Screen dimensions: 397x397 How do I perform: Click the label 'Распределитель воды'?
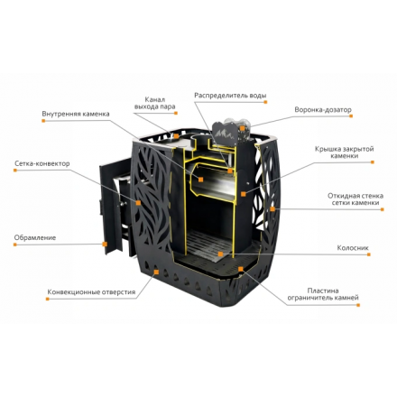point(230,96)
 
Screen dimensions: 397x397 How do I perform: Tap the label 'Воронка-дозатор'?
point(323,110)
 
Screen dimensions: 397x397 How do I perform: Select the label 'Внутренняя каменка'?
point(76,114)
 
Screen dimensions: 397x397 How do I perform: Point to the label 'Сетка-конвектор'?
point(42,163)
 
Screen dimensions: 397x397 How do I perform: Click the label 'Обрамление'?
point(35,237)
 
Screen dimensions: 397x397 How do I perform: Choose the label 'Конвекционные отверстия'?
point(91,292)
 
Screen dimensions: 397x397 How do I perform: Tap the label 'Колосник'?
point(353,248)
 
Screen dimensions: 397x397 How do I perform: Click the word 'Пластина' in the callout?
point(323,291)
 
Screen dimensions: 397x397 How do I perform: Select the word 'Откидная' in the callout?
point(342,196)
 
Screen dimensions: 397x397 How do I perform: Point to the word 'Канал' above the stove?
point(155,99)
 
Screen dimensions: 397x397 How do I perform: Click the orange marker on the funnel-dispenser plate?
point(242,128)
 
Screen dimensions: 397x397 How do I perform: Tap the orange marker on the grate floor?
point(220,254)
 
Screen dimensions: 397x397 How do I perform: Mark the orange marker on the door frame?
point(105,244)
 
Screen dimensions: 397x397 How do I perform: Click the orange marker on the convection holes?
point(156,272)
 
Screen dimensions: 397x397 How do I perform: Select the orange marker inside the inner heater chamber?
point(201,180)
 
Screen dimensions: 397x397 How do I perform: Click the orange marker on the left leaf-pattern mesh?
point(138,203)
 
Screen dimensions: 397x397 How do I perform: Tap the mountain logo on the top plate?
point(224,134)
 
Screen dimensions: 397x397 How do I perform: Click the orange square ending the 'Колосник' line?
point(369,254)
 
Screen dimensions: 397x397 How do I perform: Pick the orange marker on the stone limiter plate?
point(240,268)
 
